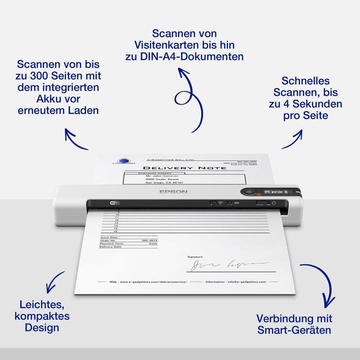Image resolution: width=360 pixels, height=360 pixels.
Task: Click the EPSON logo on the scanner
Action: (x=173, y=191)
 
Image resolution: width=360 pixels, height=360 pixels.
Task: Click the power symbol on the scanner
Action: (x=273, y=202)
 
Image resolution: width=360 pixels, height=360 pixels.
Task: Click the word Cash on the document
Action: (x=152, y=243)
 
